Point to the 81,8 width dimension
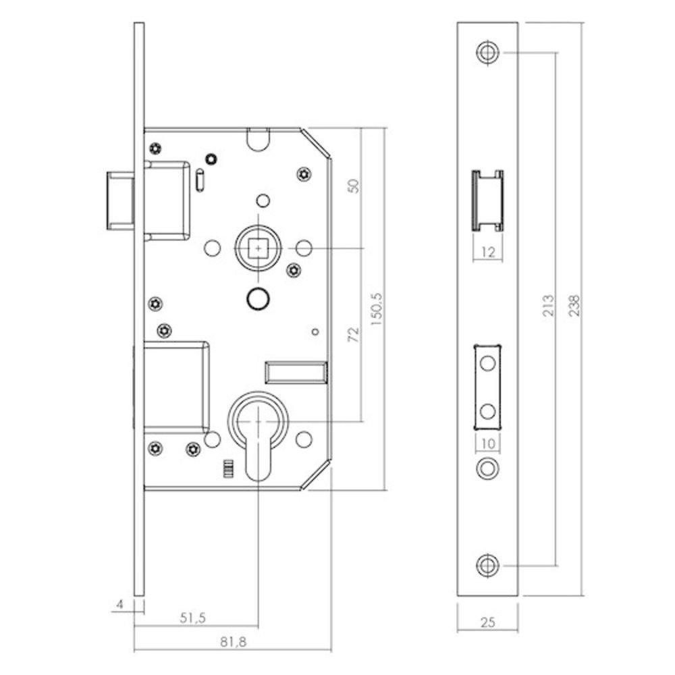point(232,644)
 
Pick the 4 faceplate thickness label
point(120,605)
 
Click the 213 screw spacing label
point(547,308)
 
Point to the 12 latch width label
point(487,252)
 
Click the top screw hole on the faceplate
point(487,52)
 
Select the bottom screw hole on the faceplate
point(487,566)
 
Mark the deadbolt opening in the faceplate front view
point(487,386)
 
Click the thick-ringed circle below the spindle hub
point(257,298)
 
